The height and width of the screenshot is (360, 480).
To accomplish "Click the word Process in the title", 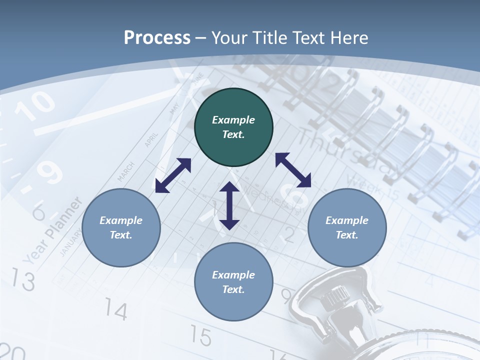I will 157,37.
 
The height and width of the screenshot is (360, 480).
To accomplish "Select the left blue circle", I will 121,227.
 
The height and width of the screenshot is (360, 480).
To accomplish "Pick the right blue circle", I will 347,227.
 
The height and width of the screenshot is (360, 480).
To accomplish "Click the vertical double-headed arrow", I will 229,205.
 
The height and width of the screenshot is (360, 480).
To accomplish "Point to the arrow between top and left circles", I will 173,175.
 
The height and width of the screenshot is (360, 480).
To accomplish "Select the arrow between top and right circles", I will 293,170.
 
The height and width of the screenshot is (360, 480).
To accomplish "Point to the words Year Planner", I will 53,230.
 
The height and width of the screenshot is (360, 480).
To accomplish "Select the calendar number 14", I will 116,311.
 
